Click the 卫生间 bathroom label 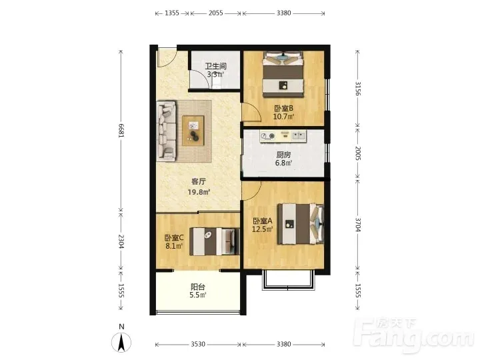tap(216, 66)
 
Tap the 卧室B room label tap(283, 108)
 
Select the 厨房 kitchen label tap(283, 155)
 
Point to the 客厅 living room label tap(199, 181)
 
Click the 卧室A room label tap(263, 221)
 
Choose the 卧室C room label tap(174, 237)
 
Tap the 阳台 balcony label tap(198, 287)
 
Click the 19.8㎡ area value tap(199, 192)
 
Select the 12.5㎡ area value tap(263, 229)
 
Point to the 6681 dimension tap(121, 131)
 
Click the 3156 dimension tap(358, 89)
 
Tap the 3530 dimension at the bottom tap(198, 345)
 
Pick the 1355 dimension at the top tap(172, 13)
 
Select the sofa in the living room tap(166, 131)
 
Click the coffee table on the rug tap(193, 131)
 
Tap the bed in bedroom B tap(283, 75)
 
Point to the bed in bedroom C tap(214, 241)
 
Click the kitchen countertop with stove tap(283, 136)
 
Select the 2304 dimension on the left tap(121, 241)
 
